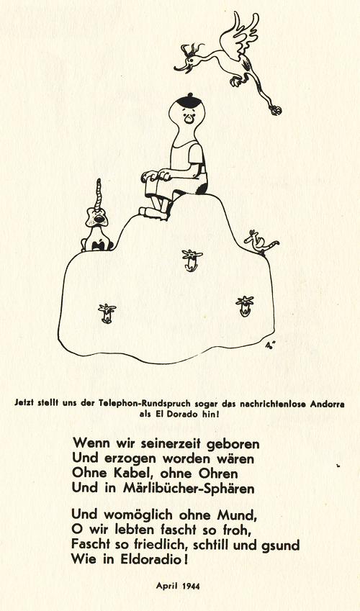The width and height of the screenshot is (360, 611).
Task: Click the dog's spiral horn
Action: point(99,194)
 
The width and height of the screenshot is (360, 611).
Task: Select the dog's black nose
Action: point(100,219)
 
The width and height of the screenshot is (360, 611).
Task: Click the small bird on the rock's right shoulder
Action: point(260,242)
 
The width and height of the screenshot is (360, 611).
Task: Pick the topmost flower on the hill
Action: point(192,260)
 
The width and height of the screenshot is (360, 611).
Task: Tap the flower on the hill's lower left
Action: point(107,313)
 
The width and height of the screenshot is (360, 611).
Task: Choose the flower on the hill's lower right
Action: point(245,306)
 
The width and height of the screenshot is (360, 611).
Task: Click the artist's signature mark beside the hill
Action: point(269,345)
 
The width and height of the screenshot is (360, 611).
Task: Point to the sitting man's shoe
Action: point(153,213)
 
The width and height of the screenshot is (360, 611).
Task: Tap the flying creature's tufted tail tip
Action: point(276,110)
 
